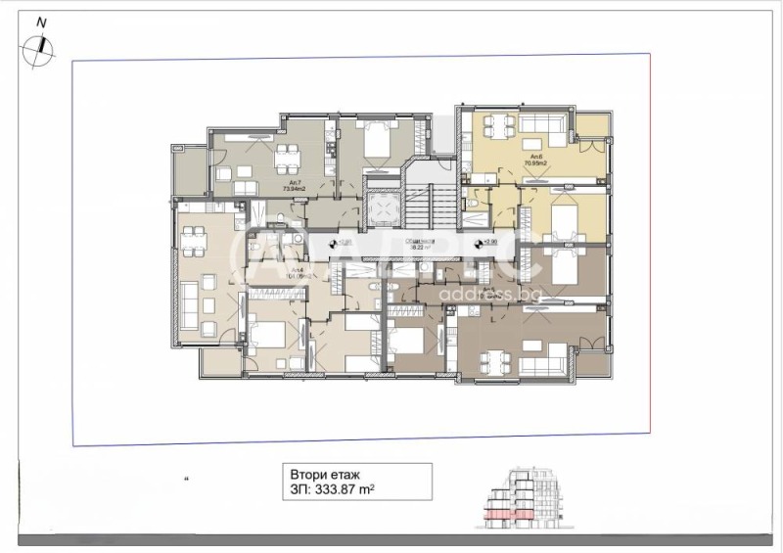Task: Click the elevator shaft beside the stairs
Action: tap(386, 207)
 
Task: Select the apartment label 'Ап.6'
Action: tap(536, 156)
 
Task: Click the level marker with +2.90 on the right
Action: tap(479, 243)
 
